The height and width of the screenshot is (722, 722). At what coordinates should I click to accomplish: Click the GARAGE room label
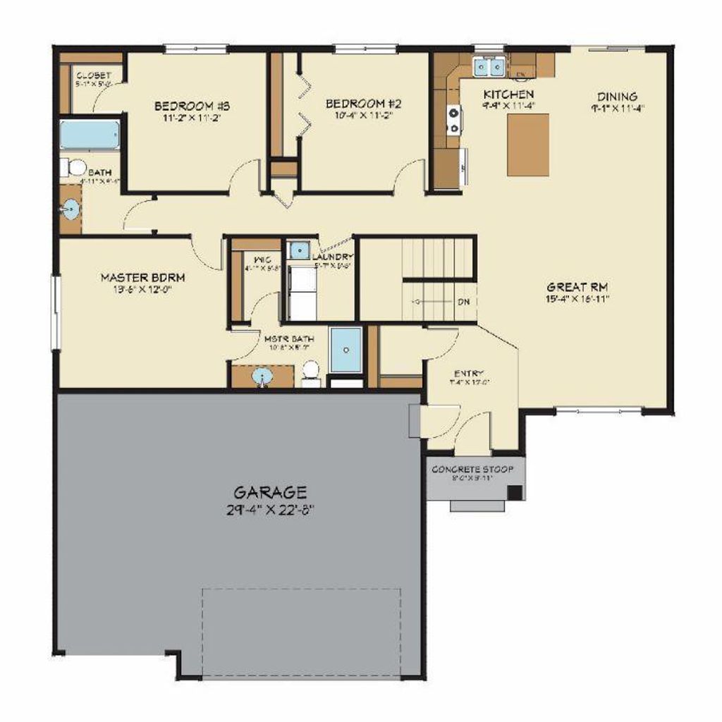click(x=271, y=491)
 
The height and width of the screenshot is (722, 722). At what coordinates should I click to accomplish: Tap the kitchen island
click(x=528, y=145)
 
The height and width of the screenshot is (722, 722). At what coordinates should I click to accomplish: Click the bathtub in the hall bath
click(x=89, y=135)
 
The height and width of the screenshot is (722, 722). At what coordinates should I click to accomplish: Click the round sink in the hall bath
click(x=71, y=209)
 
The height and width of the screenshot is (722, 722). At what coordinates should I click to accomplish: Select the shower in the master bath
click(x=345, y=349)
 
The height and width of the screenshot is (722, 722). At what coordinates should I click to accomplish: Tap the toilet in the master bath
click(x=311, y=372)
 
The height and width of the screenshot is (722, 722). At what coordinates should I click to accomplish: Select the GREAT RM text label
click(x=577, y=287)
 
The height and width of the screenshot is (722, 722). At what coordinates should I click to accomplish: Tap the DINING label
click(x=617, y=97)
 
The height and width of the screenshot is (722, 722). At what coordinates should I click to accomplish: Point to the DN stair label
click(x=463, y=302)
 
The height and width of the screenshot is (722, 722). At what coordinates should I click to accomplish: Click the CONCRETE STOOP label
click(x=472, y=469)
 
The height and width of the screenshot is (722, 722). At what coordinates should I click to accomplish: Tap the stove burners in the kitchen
click(x=453, y=118)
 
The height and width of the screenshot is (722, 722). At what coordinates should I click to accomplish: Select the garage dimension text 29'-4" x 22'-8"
click(x=271, y=509)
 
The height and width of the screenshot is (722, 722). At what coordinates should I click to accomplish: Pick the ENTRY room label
click(x=468, y=374)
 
